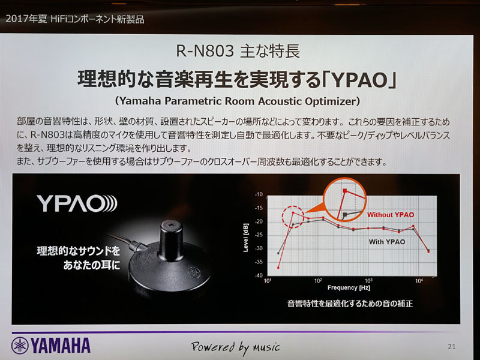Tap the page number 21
[452, 346]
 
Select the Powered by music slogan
[235, 346]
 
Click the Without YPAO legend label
[390, 215]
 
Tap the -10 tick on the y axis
[259, 195]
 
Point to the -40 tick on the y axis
[259, 275]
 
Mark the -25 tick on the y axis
[259, 235]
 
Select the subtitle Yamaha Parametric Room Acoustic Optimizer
[239, 99]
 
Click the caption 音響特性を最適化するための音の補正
[350, 304]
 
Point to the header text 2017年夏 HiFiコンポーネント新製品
[74, 19]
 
